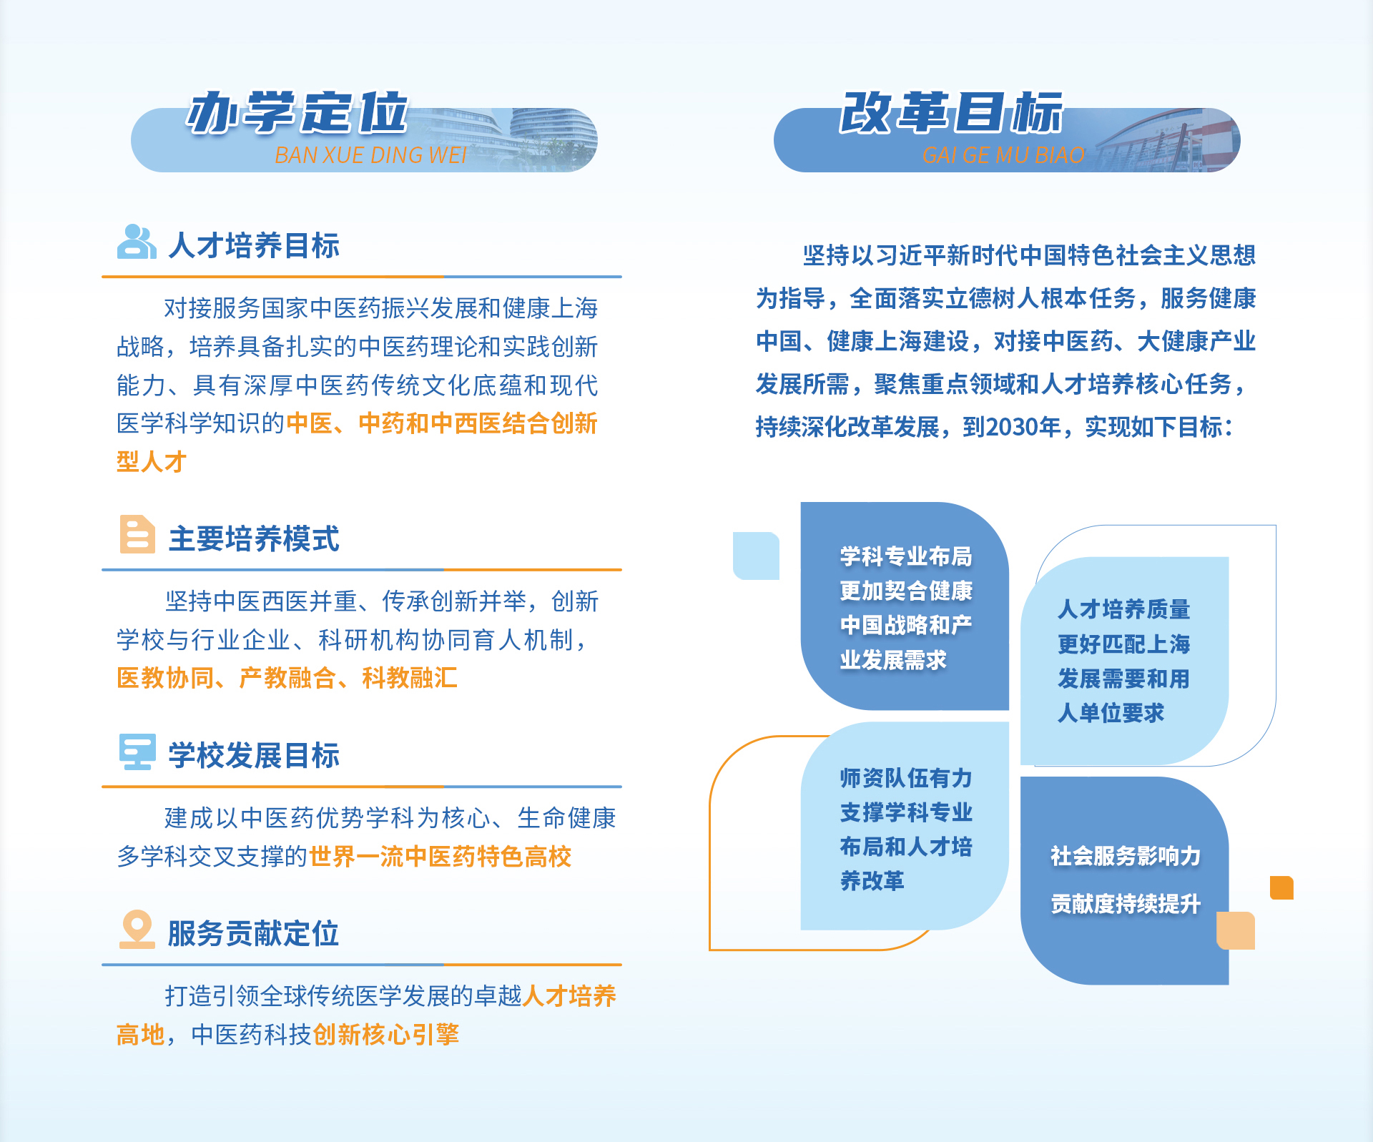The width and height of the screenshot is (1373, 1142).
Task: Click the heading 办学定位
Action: pos(297,113)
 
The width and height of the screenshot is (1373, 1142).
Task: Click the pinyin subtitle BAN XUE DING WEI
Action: pos(370,155)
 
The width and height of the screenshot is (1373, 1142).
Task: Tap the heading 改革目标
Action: pos(951,113)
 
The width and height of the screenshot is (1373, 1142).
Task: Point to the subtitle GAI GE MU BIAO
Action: pos(1003,155)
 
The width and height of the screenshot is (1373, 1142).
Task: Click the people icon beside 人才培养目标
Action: pos(137,242)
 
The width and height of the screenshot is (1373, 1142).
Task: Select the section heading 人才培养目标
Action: pos(254,245)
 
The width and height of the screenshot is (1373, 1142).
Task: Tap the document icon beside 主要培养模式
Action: pos(137,534)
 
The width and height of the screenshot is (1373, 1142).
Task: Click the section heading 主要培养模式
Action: pos(254,538)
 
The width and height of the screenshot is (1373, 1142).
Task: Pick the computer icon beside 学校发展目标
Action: pos(137,752)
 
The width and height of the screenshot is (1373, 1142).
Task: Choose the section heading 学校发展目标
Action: pos(254,756)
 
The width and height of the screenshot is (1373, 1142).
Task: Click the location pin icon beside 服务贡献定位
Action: pos(137,929)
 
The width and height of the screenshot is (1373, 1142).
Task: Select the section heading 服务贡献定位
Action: pos(253,934)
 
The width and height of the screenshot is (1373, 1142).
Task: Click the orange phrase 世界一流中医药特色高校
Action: pos(441,857)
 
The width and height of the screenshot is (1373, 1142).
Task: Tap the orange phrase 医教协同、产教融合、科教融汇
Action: pos(287,678)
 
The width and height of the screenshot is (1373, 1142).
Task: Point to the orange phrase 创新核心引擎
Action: pos(386,1035)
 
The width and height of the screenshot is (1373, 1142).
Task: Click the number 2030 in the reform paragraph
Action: pos(1010,428)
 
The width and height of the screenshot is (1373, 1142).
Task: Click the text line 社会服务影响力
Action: pos(1126,856)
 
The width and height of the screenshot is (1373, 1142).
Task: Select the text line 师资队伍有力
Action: pos(906,778)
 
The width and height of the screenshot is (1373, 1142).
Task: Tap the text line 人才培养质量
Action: pos(1124,609)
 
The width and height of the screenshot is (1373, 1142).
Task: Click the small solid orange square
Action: pos(1281,887)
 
